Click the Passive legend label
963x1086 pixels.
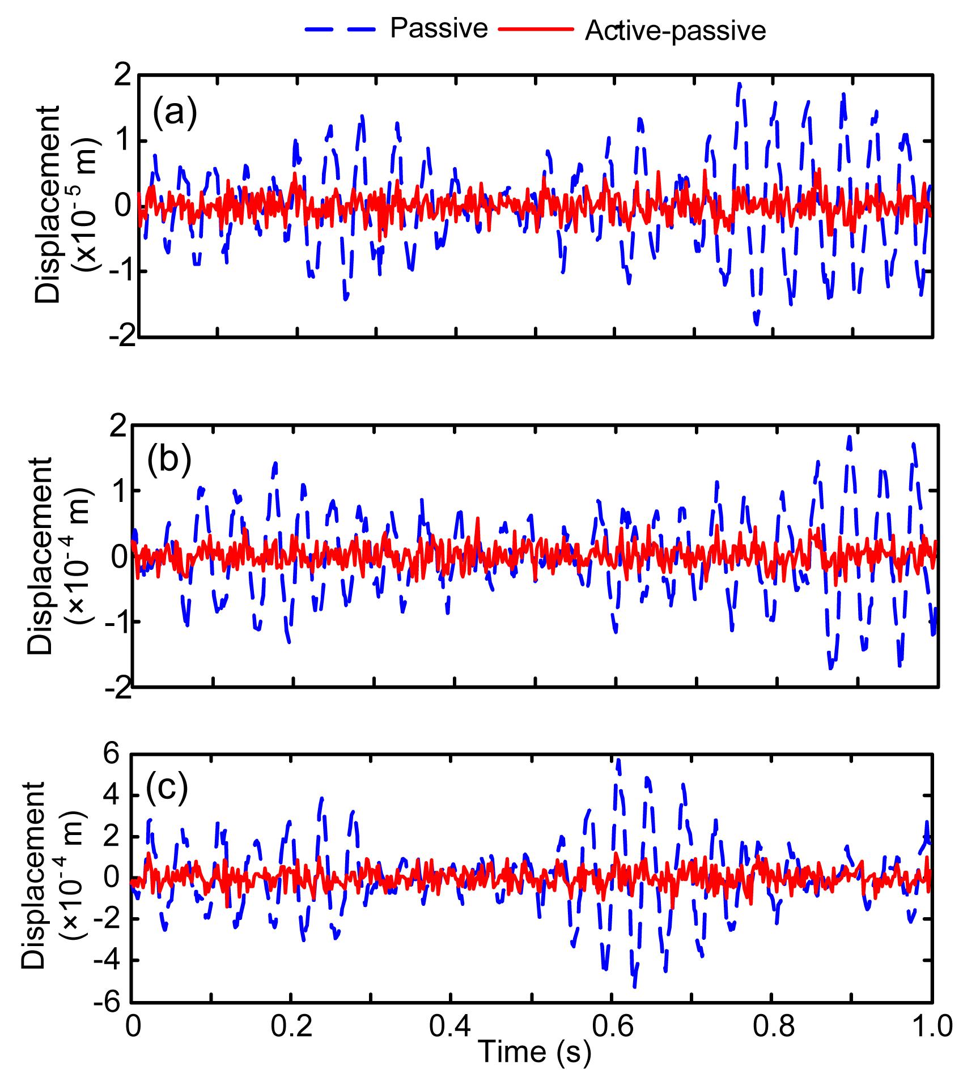[x=438, y=28]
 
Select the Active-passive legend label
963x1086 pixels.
[x=675, y=31]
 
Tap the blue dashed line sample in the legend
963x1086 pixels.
[x=341, y=29]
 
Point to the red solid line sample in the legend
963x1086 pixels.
[x=536, y=29]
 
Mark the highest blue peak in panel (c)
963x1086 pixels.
[x=618, y=762]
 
